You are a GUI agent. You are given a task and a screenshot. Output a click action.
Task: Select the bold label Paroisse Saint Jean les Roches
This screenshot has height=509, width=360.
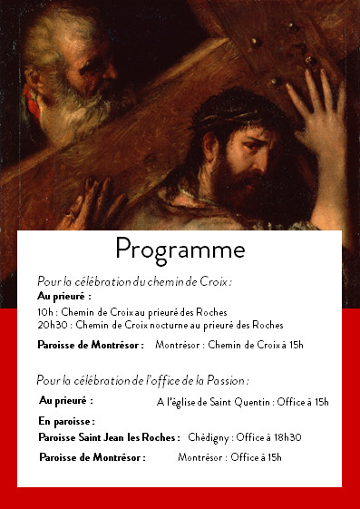(x=109, y=437)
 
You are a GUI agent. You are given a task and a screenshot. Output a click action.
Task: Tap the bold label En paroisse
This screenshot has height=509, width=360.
(x=67, y=422)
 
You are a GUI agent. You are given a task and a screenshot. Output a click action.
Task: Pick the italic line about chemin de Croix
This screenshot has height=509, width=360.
(x=134, y=281)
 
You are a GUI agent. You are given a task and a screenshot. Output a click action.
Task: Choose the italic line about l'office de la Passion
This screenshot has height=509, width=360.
(x=142, y=379)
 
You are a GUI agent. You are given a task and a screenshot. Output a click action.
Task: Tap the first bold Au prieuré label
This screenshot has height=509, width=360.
(x=64, y=297)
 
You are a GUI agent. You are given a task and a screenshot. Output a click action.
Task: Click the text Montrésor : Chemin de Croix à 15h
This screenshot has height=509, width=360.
(x=229, y=346)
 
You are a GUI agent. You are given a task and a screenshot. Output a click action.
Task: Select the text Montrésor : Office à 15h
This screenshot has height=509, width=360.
(x=229, y=457)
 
